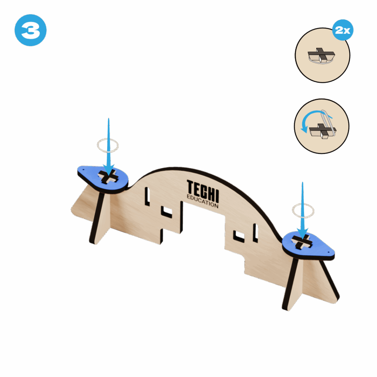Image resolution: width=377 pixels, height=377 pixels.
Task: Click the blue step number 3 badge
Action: click(31, 30)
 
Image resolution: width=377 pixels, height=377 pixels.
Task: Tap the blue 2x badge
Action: click(343, 30)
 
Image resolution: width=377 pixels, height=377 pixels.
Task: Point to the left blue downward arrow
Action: click(109, 147)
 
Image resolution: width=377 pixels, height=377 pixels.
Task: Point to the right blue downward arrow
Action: click(303, 211)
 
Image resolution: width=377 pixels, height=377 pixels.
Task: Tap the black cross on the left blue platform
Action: click(108, 176)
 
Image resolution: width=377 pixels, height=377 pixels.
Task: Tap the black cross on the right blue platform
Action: click(302, 241)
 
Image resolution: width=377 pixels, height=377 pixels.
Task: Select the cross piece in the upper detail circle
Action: click(321, 55)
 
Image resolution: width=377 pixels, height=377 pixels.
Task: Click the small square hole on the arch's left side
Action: click(167, 211)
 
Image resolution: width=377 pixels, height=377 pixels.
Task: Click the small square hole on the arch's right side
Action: click(239, 236)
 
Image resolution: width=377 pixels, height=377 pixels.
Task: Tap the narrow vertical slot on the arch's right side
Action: click(256, 233)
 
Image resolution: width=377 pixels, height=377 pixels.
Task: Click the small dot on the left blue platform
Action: click(83, 169)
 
